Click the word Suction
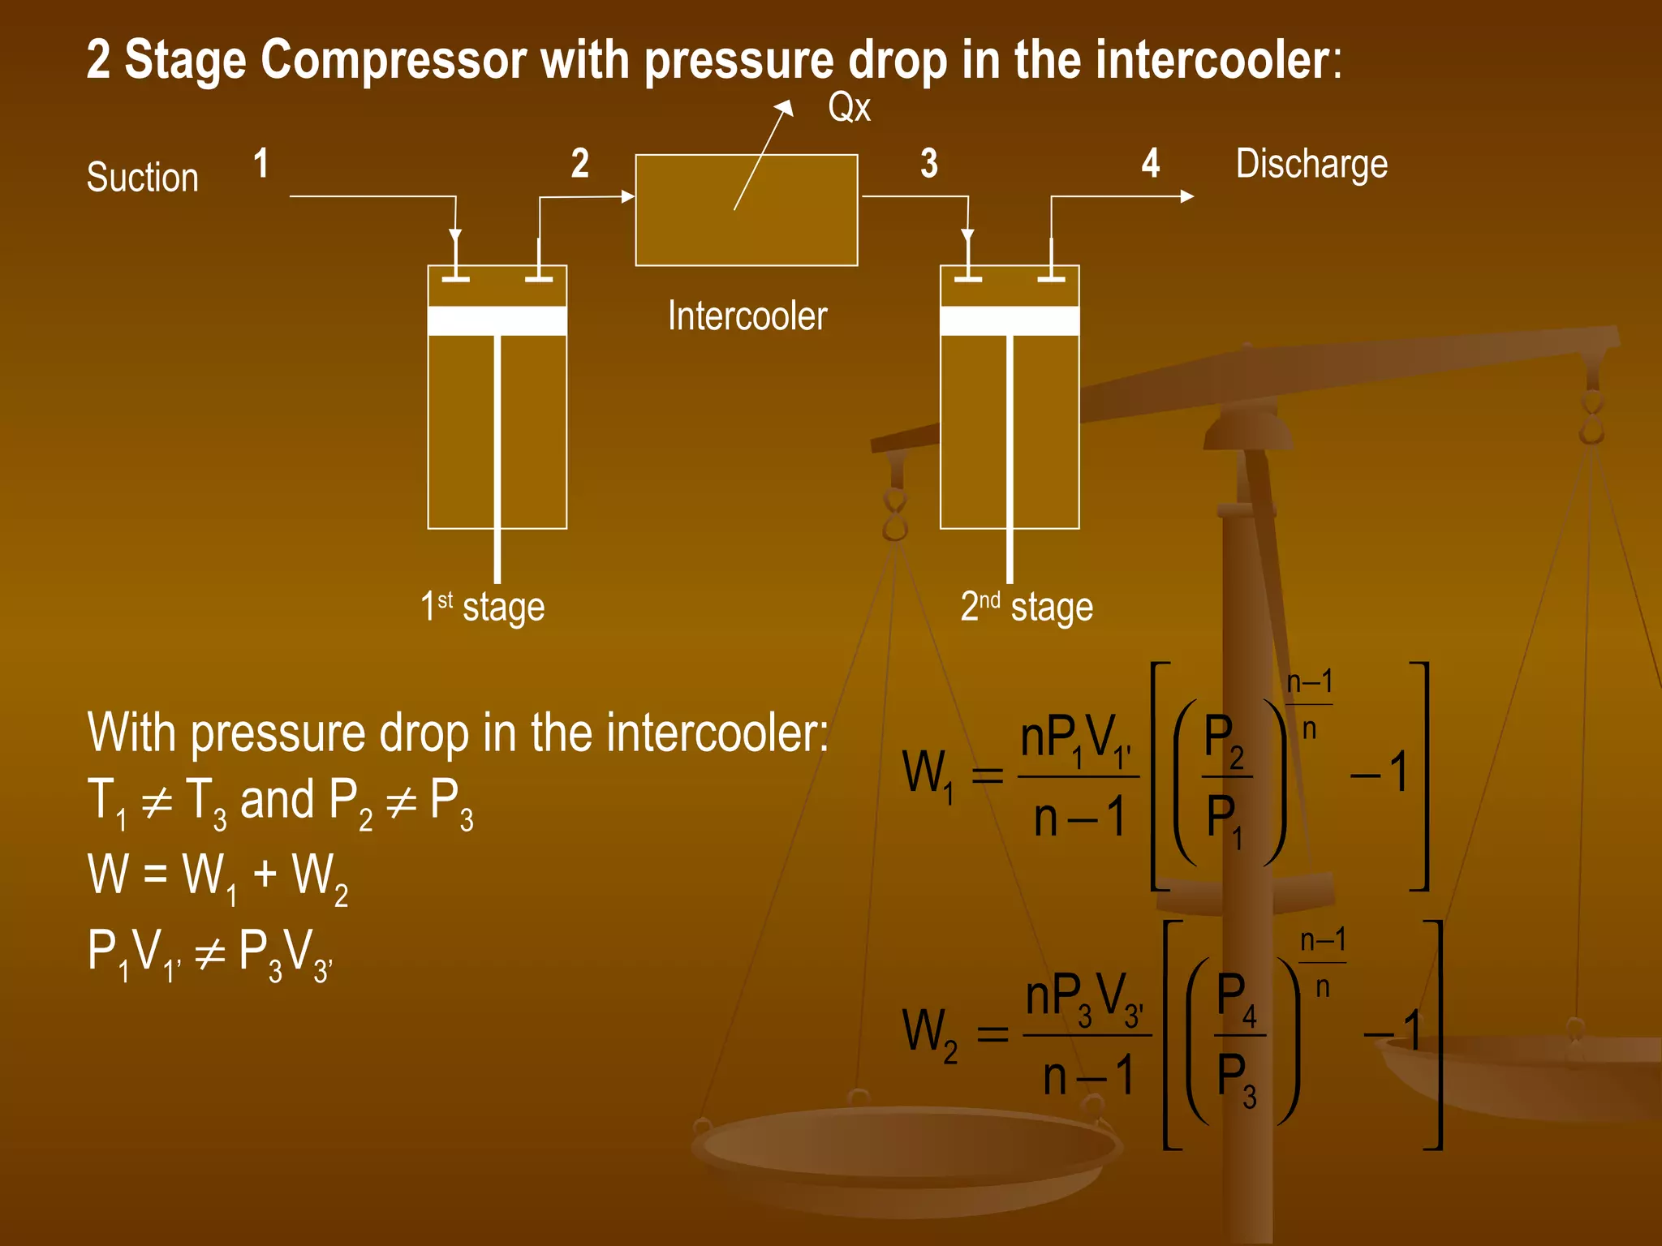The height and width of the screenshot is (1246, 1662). pos(143,177)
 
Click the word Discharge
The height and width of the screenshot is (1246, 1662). pos(1311,165)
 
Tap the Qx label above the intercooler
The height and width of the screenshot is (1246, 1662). pos(849,108)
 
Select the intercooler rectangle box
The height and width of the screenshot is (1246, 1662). pos(746,210)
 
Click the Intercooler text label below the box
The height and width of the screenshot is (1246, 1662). pos(747,316)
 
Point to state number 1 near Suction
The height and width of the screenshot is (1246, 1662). pos(260,163)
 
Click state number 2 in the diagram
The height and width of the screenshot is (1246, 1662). pos(579,163)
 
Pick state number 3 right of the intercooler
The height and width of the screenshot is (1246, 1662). pos(929,163)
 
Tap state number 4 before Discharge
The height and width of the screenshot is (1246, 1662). pos(1151,163)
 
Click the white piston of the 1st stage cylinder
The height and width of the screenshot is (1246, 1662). pos(497,320)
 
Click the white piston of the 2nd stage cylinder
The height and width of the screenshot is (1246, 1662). pos(1009,320)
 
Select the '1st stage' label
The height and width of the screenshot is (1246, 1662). pos(482,607)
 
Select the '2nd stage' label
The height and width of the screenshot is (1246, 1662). pos(1027,607)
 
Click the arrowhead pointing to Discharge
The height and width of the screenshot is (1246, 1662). pos(1186,196)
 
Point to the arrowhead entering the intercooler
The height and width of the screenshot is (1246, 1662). pos(627,196)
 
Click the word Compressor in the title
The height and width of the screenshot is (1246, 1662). pos(394,60)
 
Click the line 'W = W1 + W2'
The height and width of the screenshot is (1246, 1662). pos(217,877)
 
